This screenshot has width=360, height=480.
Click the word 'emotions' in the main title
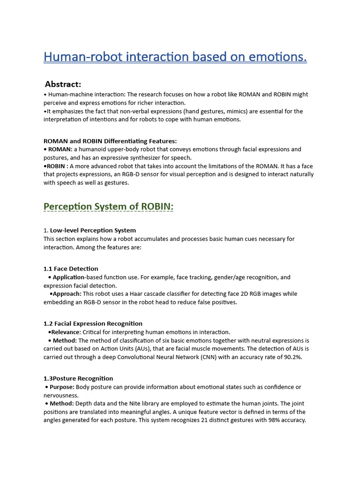[279, 57]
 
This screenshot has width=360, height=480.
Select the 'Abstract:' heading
[63, 84]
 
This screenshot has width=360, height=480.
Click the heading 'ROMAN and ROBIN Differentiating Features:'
[110, 141]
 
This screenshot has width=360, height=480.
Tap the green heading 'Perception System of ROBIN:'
[108, 207]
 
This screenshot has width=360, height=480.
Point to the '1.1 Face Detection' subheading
[71, 269]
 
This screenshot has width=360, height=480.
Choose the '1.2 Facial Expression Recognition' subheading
[93, 323]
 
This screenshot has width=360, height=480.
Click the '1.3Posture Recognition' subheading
[78, 378]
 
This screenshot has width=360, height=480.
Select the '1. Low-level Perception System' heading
[90, 230]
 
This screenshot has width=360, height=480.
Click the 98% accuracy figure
[267, 420]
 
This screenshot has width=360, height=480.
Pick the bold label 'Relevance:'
[66, 332]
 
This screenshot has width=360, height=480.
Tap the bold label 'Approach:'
[67, 294]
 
